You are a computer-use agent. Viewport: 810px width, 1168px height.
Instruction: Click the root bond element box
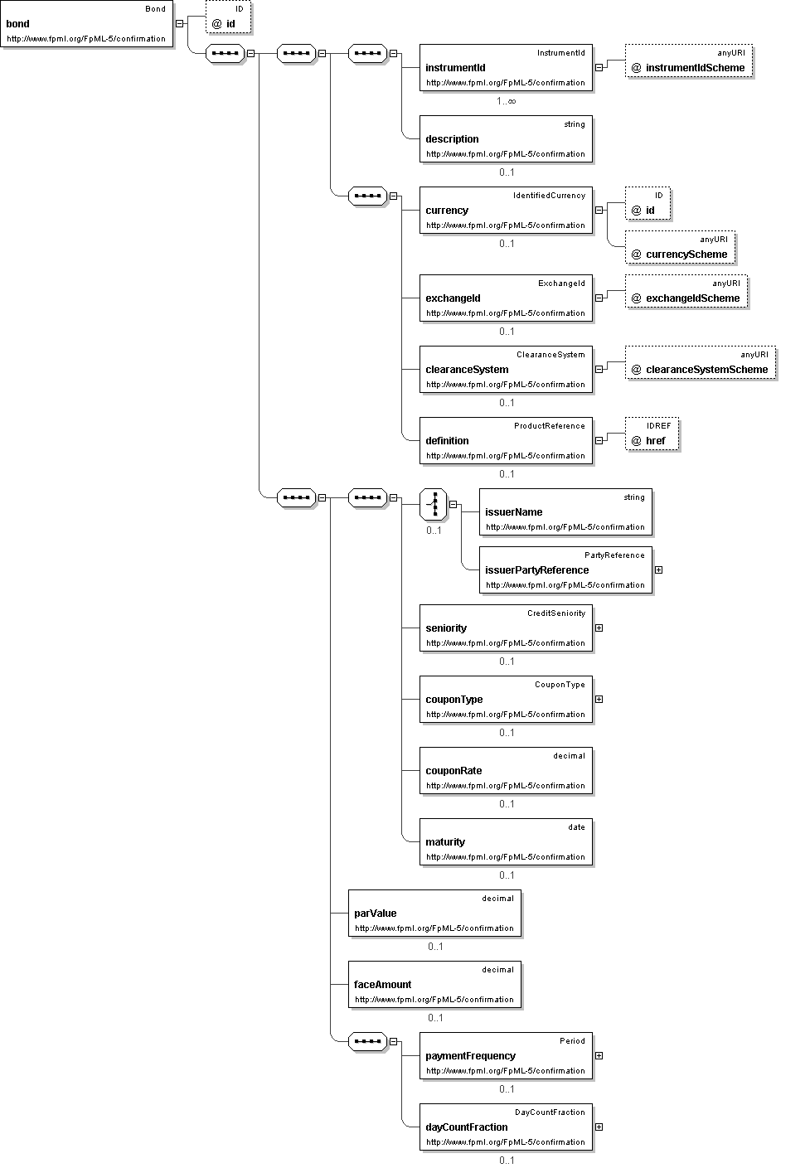point(86,24)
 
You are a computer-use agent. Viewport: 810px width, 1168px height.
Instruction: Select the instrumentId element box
point(506,68)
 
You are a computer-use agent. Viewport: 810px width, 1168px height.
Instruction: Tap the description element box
point(506,138)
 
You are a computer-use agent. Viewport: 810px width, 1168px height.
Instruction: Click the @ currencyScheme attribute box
point(680,247)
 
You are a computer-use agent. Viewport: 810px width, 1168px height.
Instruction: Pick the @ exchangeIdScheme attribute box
point(686,291)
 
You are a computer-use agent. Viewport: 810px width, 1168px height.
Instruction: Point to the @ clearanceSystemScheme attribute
point(701,362)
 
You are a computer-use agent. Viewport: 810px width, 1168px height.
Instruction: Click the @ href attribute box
point(652,434)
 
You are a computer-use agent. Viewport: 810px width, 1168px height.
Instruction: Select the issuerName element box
point(566,512)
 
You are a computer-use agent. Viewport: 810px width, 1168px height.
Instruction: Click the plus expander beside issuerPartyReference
point(659,570)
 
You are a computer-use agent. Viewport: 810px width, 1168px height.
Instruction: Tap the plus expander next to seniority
point(599,628)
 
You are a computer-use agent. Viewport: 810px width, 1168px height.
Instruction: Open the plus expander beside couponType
point(599,700)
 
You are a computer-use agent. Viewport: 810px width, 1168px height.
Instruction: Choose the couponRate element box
point(506,771)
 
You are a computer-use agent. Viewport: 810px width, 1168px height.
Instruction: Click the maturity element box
point(506,842)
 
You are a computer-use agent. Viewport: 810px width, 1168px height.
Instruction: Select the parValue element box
point(434,914)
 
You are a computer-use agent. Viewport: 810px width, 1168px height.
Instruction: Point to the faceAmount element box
point(434,985)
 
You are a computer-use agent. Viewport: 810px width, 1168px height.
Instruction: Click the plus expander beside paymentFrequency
point(599,1056)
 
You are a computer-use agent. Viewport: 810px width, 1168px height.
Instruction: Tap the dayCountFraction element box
point(506,1127)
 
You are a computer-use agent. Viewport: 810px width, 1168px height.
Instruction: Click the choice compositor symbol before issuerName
point(434,504)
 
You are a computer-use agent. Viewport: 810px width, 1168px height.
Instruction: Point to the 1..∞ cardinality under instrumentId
point(507,101)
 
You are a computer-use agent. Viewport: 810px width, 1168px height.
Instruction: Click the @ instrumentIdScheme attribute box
point(689,61)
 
